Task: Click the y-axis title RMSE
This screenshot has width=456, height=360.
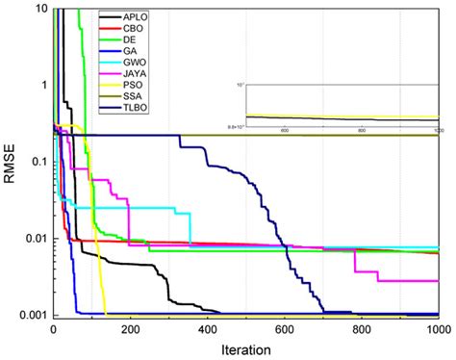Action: coord(11,164)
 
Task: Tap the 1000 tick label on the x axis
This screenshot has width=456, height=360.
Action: coord(438,328)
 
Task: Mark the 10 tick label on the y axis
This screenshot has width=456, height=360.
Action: coord(39,9)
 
